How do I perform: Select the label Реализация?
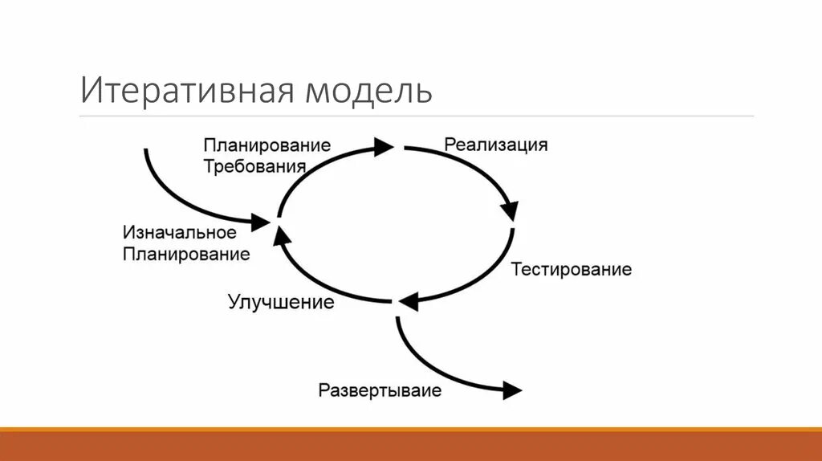coord(495,145)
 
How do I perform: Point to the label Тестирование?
coord(572,269)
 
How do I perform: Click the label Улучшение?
coord(280,303)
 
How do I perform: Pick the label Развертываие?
coord(380,391)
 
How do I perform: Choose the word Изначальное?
coord(179,233)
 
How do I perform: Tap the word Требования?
coord(254,166)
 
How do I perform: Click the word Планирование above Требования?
coord(267,145)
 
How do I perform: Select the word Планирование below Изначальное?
coord(186,255)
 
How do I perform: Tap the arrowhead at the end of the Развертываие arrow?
coord(511,391)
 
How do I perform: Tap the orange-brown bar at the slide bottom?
coord(411,445)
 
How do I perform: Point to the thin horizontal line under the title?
coord(417,116)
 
